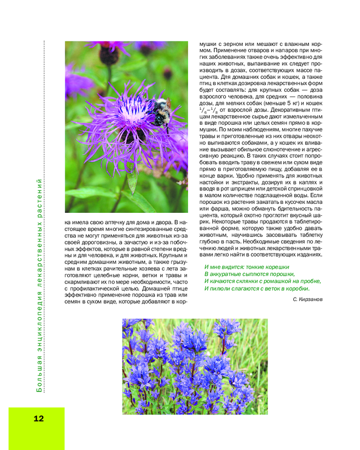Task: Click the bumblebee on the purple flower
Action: [x=159, y=111]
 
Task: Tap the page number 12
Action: [x=39, y=418]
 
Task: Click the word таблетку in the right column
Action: [x=309, y=234]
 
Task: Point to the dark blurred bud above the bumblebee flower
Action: [x=108, y=54]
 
